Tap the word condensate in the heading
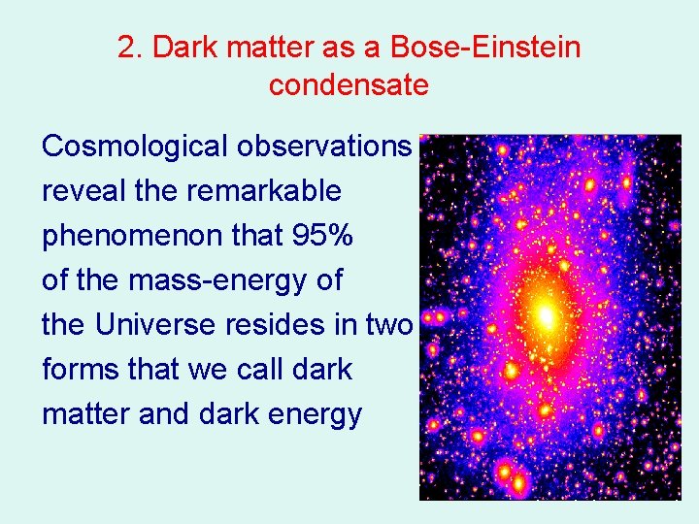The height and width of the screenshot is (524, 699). click(x=349, y=85)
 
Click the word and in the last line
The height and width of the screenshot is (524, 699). click(x=165, y=414)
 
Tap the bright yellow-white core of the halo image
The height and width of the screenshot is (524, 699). click(x=547, y=315)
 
